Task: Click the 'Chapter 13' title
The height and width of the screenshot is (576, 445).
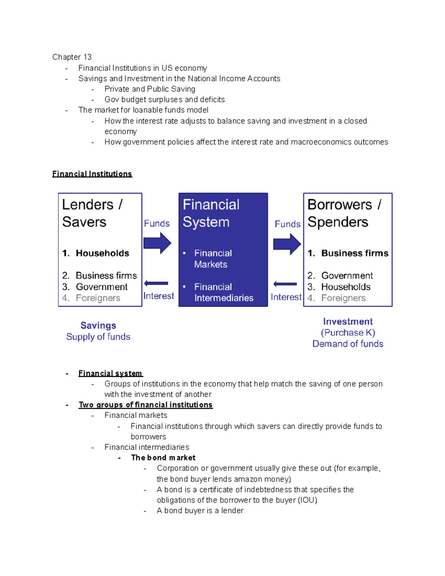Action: (72, 57)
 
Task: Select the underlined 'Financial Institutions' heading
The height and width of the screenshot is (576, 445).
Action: (92, 174)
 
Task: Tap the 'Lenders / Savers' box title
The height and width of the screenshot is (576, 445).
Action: (92, 213)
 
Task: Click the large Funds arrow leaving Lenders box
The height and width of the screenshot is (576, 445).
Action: (157, 243)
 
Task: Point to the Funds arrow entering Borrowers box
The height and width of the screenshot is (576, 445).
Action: (287, 244)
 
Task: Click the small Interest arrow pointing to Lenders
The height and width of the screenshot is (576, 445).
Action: (156, 283)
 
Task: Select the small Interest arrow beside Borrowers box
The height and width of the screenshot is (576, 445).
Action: (285, 284)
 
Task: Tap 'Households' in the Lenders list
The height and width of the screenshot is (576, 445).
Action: (102, 253)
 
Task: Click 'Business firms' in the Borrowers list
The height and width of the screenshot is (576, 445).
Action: (355, 253)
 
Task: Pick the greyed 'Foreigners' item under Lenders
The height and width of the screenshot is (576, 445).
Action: (98, 298)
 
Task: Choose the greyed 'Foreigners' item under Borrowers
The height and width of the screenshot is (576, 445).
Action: (343, 298)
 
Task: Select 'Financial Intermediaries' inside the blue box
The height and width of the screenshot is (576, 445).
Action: (224, 293)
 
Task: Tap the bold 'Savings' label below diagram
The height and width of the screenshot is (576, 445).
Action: (98, 326)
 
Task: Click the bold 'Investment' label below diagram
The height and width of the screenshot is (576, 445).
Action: (348, 322)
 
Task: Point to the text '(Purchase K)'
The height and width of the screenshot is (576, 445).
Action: (348, 333)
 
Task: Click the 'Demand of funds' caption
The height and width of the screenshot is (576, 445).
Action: (348, 344)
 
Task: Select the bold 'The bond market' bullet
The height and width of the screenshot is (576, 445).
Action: (163, 458)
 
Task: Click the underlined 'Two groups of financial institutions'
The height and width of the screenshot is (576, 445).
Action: (145, 405)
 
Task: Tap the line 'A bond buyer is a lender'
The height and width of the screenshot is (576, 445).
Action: (200, 511)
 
